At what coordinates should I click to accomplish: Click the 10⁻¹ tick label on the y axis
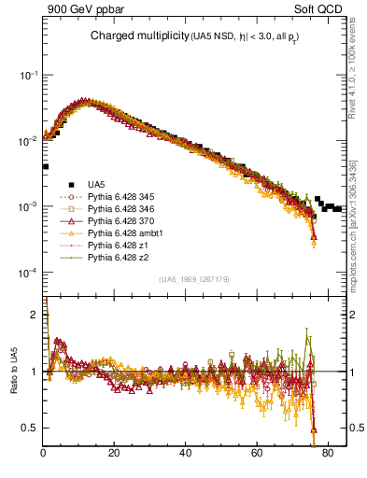coord(27,75)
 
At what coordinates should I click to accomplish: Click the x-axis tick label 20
coord(114,455)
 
